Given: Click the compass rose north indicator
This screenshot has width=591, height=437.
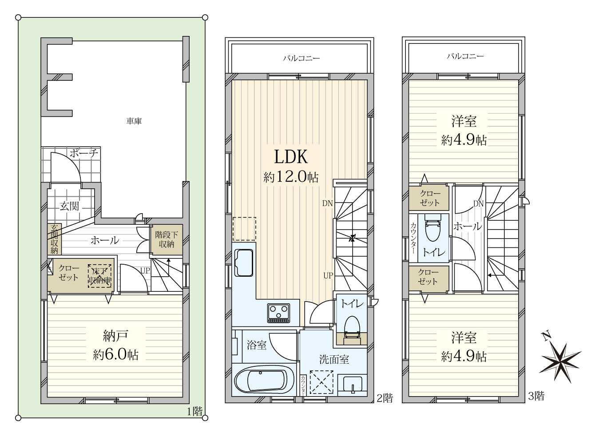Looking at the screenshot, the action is [x=559, y=362].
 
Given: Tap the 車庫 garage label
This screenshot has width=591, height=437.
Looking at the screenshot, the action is [x=134, y=121].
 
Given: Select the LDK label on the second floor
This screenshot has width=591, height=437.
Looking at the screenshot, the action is [x=291, y=157].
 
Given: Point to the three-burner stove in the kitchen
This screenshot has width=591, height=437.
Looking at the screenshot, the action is [x=279, y=313].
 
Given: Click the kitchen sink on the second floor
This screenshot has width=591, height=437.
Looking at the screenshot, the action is [x=243, y=263].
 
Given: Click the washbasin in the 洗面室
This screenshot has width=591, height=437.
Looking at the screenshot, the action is [x=352, y=385].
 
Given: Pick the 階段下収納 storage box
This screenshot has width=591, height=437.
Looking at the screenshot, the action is [x=167, y=239].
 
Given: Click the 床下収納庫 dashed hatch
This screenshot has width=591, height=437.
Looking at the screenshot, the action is [x=99, y=276].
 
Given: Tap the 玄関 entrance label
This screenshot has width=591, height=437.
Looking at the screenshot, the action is [x=69, y=206].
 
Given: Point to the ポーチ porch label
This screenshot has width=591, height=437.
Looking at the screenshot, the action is [x=84, y=153].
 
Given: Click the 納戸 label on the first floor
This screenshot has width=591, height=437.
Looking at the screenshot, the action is [x=115, y=336].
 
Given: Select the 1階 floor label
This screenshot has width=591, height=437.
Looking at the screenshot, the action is [x=194, y=412].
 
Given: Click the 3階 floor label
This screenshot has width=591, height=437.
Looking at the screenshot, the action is [x=536, y=396].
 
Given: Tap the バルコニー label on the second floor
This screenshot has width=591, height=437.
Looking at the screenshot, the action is [x=301, y=58].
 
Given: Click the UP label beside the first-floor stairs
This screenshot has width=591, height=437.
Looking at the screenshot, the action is [x=145, y=270].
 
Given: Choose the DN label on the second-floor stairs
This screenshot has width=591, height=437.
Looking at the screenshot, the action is [x=328, y=203].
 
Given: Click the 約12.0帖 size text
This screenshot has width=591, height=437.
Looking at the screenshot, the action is [x=291, y=176].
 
